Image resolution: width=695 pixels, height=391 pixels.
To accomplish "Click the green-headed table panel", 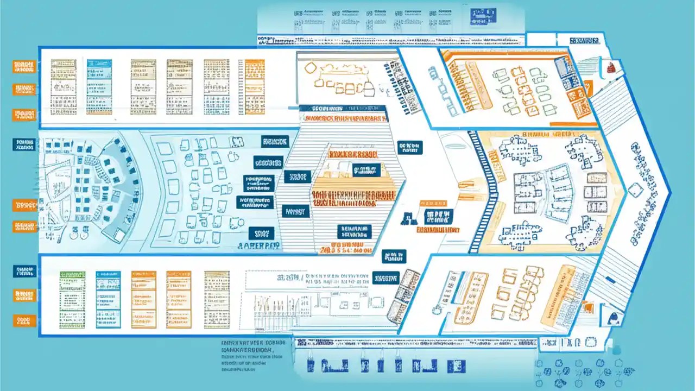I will click(72, 299).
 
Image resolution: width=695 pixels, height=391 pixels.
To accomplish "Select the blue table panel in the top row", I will click(99, 87).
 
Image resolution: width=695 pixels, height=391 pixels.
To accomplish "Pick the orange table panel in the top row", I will click(255, 87).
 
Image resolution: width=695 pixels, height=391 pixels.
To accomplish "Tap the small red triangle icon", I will click(610, 67).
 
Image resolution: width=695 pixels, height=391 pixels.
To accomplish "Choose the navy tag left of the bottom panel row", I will click(24, 271).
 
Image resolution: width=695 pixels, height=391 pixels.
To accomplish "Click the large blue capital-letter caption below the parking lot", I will click(259, 246).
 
